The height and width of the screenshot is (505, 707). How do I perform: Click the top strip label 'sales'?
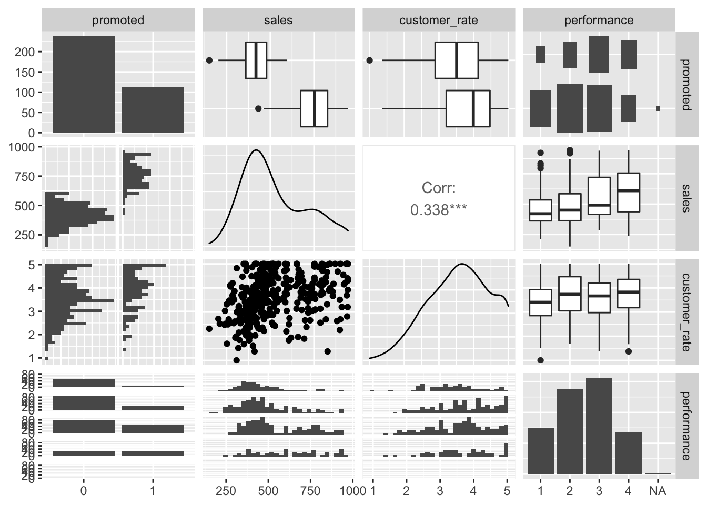click(278, 21)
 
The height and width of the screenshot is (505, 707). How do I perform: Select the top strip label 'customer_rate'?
click(438, 21)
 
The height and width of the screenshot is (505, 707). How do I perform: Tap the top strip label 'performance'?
click(599, 21)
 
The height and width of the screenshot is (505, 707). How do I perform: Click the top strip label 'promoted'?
click(118, 21)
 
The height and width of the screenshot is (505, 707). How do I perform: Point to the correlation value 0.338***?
click(438, 210)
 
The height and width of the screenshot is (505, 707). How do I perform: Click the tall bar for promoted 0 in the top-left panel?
click(84, 84)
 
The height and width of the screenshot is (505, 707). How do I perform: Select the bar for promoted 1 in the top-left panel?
click(153, 109)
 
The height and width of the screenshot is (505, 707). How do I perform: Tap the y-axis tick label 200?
click(29, 52)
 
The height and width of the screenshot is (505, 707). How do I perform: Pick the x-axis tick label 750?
click(310, 491)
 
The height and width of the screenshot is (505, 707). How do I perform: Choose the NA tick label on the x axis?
click(658, 491)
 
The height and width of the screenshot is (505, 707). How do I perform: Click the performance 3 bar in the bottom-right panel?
click(599, 426)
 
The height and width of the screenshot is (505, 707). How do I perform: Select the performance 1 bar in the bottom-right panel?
click(541, 450)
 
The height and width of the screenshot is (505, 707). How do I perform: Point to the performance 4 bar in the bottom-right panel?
click(628, 452)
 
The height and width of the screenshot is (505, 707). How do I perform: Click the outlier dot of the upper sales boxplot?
click(209, 60)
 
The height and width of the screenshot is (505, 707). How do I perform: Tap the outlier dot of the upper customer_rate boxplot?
click(369, 60)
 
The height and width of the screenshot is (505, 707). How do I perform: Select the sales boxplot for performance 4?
click(629, 192)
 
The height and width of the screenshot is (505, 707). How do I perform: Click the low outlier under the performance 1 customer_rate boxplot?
click(541, 360)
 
